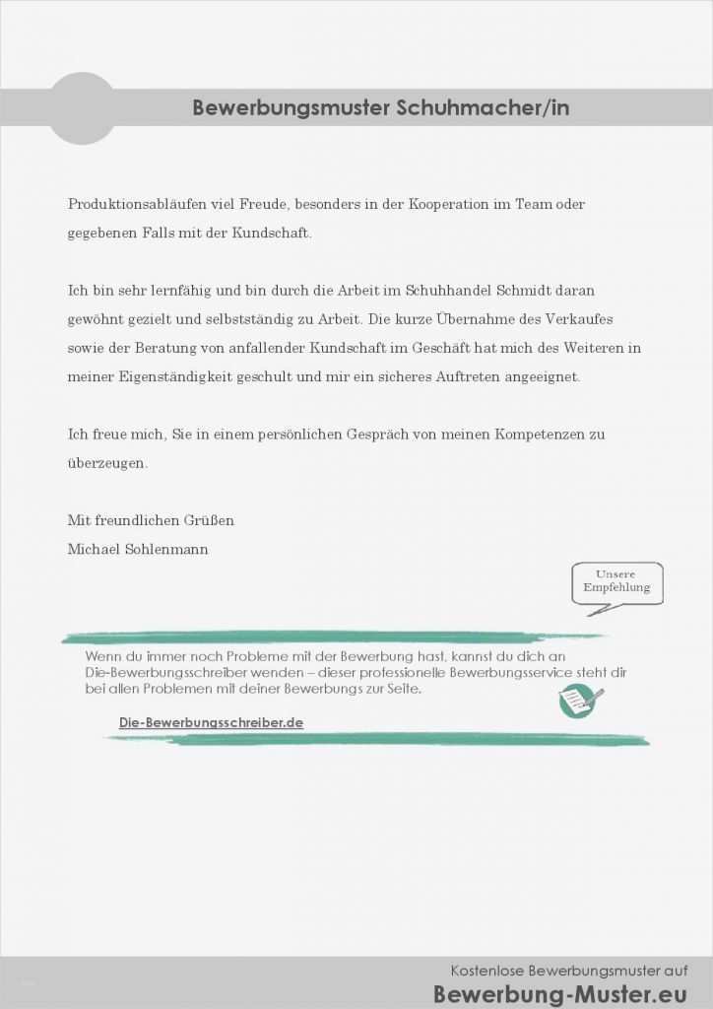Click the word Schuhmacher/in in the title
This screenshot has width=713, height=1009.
pos(483,107)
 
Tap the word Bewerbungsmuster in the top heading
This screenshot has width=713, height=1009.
pos(292,107)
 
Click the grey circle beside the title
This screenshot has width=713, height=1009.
pos(82,108)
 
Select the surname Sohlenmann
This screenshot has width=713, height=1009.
pos(166,549)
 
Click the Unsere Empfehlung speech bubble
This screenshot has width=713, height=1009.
pos(616,582)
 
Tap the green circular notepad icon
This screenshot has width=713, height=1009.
pos(578,701)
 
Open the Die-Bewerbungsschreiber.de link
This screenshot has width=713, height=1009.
pos(211,722)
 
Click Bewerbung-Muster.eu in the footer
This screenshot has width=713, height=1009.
pos(560,992)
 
